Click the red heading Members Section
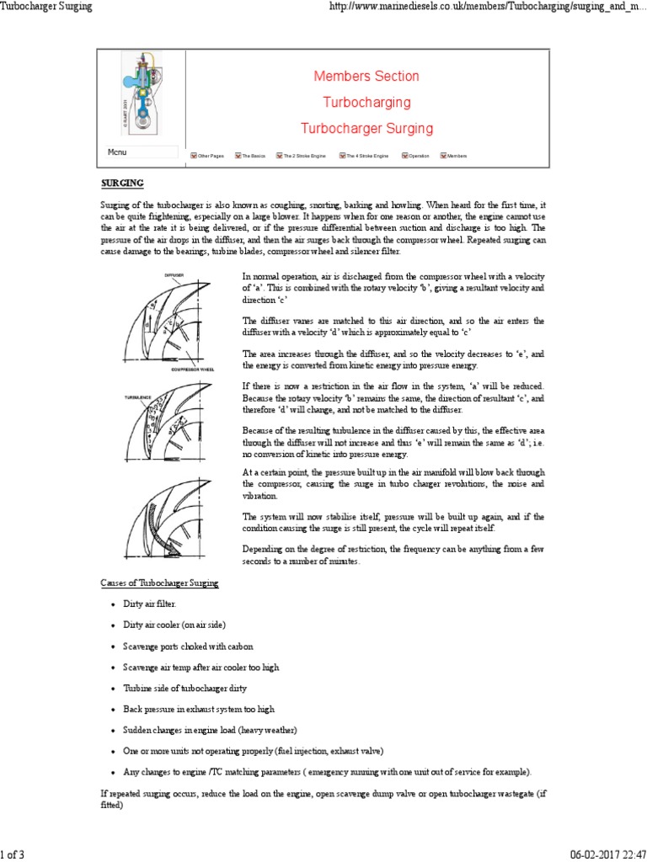[366, 77]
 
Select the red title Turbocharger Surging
[366, 129]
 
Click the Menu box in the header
[141, 152]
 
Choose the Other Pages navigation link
[207, 157]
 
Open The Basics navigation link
[250, 157]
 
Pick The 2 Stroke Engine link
[301, 157]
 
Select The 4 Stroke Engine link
[364, 157]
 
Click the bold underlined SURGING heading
[122, 183]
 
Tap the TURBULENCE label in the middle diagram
[138, 396]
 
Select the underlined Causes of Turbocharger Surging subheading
[154, 583]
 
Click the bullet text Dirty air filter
[150, 604]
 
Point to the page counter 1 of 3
[13, 854]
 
